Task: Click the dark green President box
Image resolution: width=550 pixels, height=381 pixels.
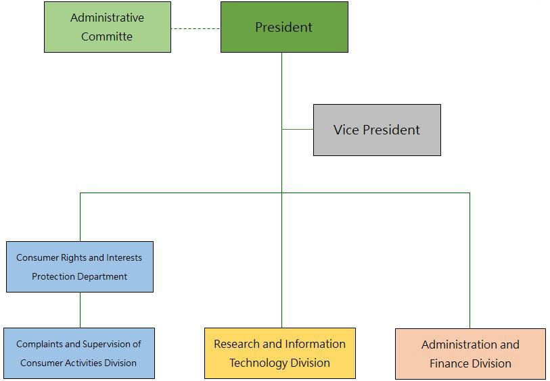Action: (284, 27)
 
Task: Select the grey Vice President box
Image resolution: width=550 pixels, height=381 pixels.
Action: (377, 130)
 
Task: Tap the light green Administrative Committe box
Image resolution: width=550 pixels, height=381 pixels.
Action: (108, 27)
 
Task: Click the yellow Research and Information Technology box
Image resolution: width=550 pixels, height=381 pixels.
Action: (280, 353)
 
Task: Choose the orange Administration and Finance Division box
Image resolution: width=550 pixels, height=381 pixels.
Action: (470, 354)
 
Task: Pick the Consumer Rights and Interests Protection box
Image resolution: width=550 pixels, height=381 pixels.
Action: (80, 267)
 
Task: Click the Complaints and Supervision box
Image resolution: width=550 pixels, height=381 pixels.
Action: (79, 353)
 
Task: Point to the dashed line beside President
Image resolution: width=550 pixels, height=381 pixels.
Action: (196, 29)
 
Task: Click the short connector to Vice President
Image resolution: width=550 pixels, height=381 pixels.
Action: (298, 129)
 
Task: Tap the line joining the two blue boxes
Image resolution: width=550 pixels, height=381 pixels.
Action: (80, 310)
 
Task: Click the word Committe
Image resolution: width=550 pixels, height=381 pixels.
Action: (107, 36)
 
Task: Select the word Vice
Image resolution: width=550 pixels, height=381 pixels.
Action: (346, 130)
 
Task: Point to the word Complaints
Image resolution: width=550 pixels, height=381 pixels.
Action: (40, 345)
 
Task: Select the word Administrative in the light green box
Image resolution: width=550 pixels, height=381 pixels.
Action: (108, 18)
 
